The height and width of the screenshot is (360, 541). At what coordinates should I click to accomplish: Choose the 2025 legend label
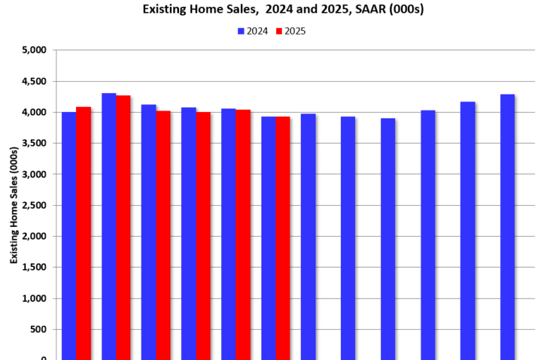tap(295, 31)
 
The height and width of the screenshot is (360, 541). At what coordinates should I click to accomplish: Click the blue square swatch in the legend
tap(241, 31)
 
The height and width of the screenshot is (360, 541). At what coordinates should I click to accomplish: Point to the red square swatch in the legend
tap(278, 31)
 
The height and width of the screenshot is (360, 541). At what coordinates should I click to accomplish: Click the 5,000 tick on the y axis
tap(34, 50)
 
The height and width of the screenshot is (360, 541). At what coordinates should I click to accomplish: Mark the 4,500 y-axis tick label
tap(34, 81)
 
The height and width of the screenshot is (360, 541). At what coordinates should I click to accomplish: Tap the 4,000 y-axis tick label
tap(34, 112)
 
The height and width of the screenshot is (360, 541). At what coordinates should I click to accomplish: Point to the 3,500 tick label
tap(34, 143)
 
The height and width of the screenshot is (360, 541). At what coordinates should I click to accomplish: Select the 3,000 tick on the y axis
tap(34, 174)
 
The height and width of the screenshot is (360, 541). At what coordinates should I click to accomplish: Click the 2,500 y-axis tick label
tap(34, 205)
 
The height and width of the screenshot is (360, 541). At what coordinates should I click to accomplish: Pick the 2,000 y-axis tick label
tap(34, 236)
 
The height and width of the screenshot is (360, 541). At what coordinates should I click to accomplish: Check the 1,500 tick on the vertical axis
tap(34, 267)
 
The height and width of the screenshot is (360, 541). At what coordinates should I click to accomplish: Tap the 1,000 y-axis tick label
tap(34, 298)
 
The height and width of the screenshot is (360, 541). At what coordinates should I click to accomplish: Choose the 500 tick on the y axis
tap(39, 329)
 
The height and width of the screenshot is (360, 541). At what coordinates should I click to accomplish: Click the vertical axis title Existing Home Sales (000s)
tap(13, 204)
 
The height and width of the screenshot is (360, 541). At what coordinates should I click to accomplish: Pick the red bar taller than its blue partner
tap(83, 232)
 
